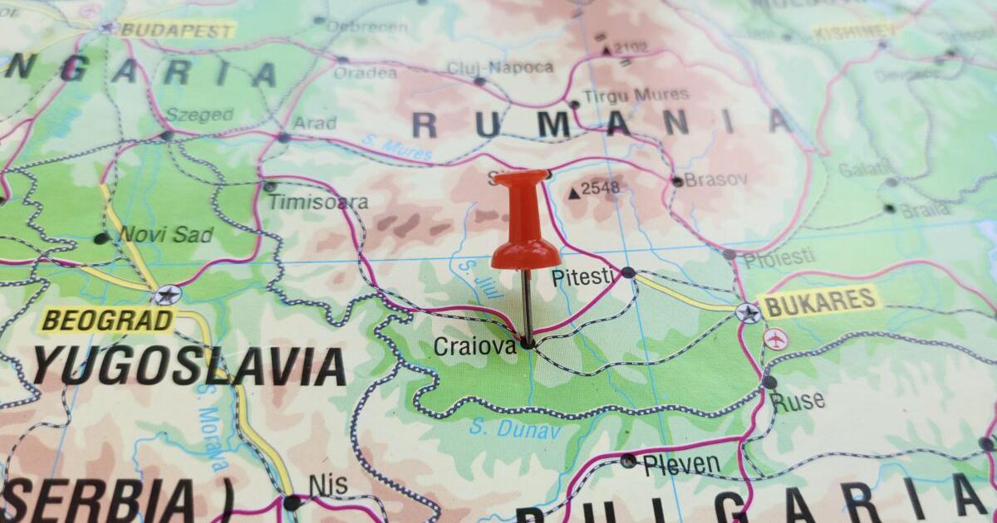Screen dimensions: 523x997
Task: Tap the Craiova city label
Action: click(x=474, y=347)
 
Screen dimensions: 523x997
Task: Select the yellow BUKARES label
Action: click(x=819, y=302)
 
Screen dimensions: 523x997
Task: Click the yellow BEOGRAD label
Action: click(x=108, y=320)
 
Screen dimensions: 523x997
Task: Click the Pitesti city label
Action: click(x=585, y=277)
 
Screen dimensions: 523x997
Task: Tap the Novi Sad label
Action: click(x=166, y=235)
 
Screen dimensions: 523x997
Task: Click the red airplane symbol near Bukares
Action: click(x=775, y=339)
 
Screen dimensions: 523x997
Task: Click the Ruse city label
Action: click(x=798, y=402)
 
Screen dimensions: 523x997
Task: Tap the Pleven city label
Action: click(x=681, y=463)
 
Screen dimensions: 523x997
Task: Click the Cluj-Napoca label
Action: click(x=499, y=67)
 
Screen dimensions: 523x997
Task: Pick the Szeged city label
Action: click(x=199, y=115)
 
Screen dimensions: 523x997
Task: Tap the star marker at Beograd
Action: click(x=167, y=295)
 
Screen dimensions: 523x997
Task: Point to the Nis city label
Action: click(x=328, y=485)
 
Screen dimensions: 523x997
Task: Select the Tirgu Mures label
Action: click(x=636, y=95)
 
